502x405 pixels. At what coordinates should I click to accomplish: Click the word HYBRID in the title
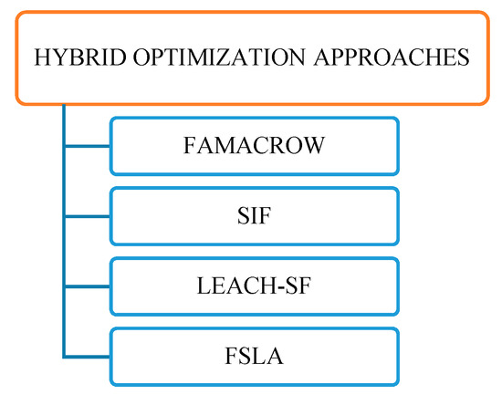point(70,57)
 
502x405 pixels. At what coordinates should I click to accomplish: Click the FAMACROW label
point(254,146)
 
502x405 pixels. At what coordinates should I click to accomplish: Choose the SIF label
point(255,216)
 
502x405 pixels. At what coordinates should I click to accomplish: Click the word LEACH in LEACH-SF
point(229,286)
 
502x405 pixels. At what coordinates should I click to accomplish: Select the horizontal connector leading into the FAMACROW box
point(86,146)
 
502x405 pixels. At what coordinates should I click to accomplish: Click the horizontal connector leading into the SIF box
point(86,216)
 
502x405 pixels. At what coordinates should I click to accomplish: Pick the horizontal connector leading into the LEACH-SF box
point(86,286)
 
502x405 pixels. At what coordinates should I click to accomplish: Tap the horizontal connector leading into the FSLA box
point(86,356)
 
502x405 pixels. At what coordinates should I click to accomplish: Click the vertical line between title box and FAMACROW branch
point(63,123)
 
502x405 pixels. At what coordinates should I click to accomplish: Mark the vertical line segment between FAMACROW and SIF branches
point(63,181)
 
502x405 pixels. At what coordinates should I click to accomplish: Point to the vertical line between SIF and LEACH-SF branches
point(63,251)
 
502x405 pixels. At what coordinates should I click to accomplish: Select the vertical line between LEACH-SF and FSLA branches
point(63,321)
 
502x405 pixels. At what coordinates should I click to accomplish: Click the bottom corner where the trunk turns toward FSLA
point(63,356)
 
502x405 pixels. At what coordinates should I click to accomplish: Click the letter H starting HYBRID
point(40,57)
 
